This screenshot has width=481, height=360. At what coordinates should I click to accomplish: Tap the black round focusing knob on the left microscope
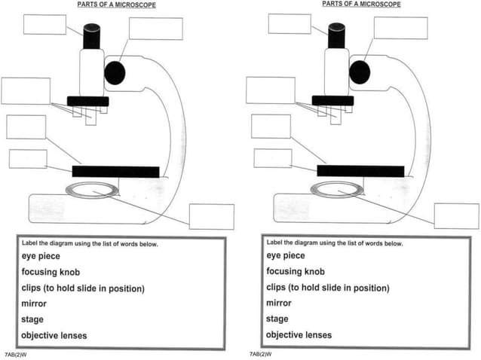115,72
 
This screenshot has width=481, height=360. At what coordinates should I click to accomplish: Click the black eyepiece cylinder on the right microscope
336,35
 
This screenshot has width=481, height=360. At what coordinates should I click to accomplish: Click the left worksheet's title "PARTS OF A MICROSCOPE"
116,5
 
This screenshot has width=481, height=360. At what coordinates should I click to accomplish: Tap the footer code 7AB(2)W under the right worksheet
260,354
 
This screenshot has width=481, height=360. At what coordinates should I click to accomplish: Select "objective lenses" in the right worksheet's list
298,335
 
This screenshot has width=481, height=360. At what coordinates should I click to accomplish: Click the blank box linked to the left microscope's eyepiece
44,24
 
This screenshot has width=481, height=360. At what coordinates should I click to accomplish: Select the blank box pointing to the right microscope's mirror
455,216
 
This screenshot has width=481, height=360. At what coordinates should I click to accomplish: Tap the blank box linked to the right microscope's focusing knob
400,28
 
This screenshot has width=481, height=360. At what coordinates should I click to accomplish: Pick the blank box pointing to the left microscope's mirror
211,217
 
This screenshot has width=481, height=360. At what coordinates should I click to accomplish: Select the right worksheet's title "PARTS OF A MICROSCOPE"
361,5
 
